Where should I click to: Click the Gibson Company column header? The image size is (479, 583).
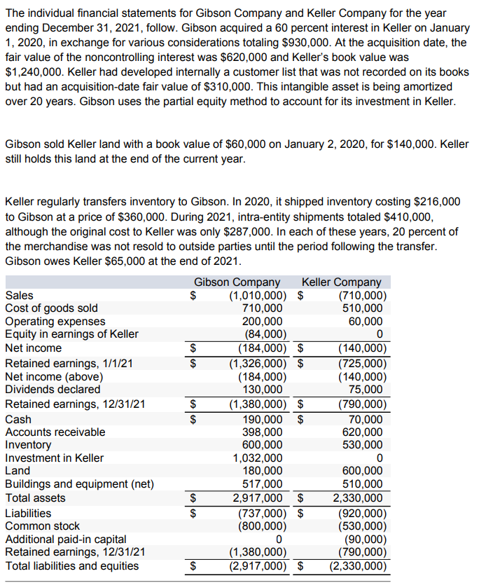pos(237,282)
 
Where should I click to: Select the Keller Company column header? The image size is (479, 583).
pos(341,282)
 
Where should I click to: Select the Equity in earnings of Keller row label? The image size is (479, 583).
pos(71,334)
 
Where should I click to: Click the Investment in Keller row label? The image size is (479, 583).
pos(54,458)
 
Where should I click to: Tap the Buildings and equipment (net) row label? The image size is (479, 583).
pos(79,483)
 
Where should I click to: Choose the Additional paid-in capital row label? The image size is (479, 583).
pos(66,539)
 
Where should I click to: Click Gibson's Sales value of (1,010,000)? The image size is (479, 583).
pos(256,295)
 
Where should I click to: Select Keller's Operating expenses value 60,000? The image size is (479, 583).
pos(367,321)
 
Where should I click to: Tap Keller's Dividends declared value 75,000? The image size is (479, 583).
pos(367,389)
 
